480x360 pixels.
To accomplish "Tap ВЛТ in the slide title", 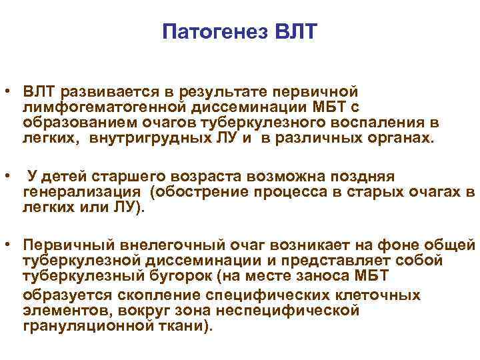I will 294,32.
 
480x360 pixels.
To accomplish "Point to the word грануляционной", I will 81,327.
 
